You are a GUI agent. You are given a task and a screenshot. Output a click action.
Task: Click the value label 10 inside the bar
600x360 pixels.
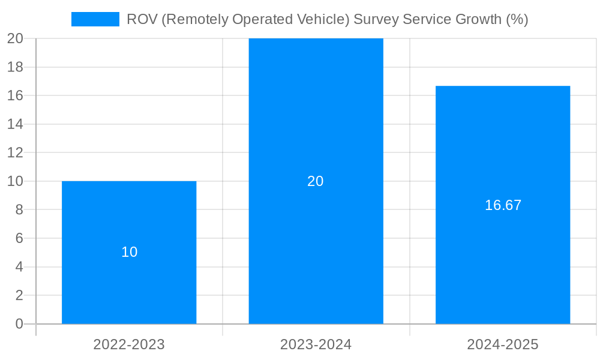pyautogui.click(x=130, y=252)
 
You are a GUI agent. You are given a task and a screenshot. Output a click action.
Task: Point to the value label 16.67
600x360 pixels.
pyautogui.click(x=503, y=205)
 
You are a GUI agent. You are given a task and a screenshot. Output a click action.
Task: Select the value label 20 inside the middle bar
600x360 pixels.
pyautogui.click(x=316, y=181)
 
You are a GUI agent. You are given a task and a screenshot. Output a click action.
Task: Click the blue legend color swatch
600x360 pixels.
pyautogui.click(x=95, y=19)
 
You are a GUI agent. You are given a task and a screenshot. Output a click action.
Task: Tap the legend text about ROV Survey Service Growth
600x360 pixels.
pyautogui.click(x=327, y=19)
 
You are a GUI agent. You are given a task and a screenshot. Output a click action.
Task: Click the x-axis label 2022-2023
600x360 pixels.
pyautogui.click(x=129, y=344)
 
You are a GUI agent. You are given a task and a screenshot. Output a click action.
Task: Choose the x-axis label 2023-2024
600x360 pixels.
pyautogui.click(x=316, y=344)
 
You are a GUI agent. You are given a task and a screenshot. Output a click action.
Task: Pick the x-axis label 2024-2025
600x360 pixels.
pyautogui.click(x=503, y=344)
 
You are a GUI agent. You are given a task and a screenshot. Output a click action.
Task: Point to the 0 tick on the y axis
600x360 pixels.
pyautogui.click(x=19, y=324)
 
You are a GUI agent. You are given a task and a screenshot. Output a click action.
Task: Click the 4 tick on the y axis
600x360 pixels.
pyautogui.click(x=19, y=267)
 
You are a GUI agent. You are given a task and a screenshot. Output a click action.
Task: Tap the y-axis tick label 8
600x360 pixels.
pyautogui.click(x=19, y=210)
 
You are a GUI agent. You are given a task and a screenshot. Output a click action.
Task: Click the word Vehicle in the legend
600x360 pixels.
pyautogui.click(x=322, y=19)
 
